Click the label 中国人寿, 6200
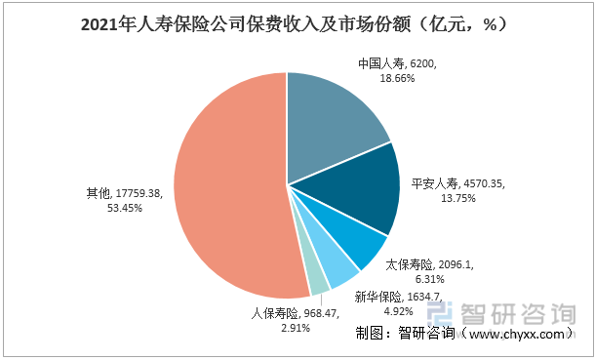pyautogui.click(x=398, y=64)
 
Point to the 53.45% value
pyautogui.click(x=123, y=208)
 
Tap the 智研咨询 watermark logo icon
pyautogui.click(x=444, y=314)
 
